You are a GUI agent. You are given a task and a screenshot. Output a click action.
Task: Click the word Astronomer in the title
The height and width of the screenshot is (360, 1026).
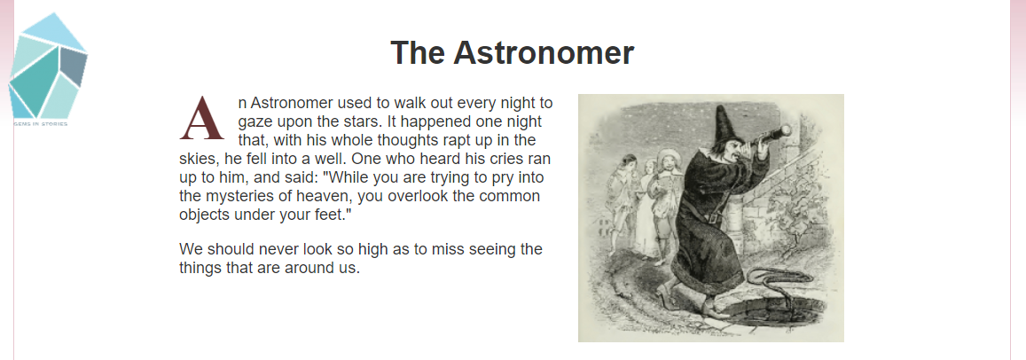tap(543, 53)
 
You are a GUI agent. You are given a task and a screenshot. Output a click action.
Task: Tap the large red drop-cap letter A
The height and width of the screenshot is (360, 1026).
tap(201, 119)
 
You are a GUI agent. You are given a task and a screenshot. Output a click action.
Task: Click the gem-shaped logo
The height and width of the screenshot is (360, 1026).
tap(47, 65)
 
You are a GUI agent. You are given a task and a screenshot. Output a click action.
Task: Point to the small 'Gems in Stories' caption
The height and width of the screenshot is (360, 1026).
tap(40, 123)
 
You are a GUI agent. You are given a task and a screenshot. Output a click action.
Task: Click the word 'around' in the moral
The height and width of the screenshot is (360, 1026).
tap(309, 269)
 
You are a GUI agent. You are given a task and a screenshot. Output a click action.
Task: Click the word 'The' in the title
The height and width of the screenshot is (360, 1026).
tap(416, 53)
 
